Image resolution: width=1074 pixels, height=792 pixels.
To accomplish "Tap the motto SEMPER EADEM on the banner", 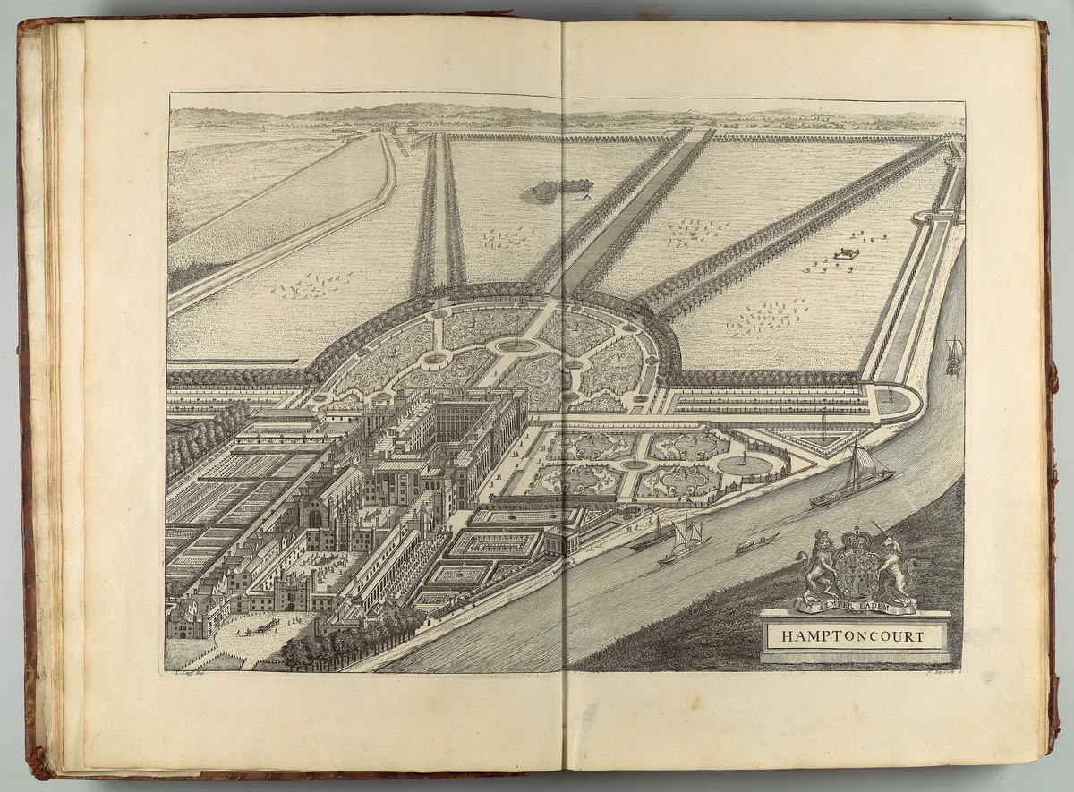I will click(856, 606).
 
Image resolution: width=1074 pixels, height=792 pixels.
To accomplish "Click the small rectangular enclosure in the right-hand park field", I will click(845, 254).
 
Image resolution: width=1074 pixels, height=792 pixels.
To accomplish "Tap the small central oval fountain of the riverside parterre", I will click(635, 464).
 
